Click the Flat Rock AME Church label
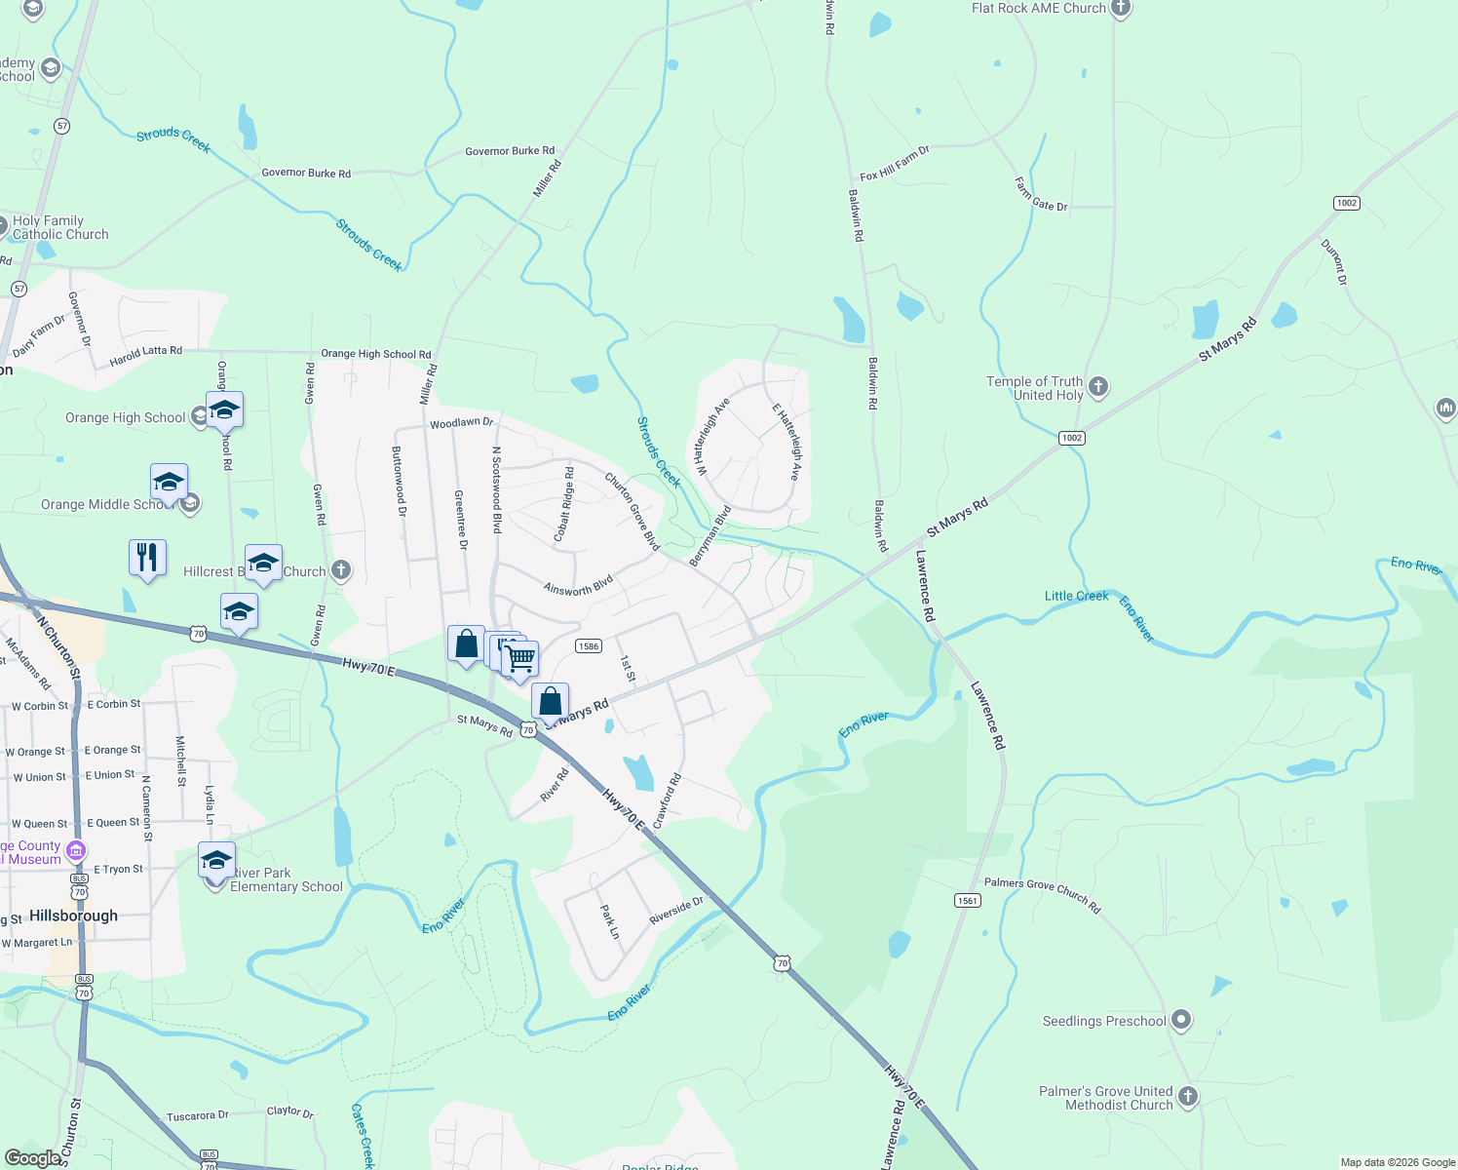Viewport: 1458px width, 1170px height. [1038, 8]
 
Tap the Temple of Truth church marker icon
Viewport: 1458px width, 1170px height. [1098, 387]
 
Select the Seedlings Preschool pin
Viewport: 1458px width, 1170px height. [1181, 1020]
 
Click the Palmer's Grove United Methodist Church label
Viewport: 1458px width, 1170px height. [1119, 1098]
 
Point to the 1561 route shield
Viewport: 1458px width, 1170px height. [967, 900]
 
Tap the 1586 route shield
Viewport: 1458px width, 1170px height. [589, 646]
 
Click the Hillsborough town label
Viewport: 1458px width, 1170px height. [73, 916]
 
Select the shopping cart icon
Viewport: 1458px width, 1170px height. [520, 659]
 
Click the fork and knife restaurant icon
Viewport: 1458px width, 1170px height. [147, 558]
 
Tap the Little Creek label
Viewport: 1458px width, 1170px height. [1076, 596]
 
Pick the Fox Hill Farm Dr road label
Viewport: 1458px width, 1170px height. [895, 163]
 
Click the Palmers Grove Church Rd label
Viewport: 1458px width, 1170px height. [1042, 894]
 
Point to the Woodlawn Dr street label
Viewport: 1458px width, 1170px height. [462, 423]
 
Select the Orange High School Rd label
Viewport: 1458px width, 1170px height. [375, 354]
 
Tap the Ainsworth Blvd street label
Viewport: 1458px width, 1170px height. [578, 585]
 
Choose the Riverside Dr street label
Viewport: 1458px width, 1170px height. [675, 912]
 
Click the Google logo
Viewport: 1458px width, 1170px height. [33, 1158]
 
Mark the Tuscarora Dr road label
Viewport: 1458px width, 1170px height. [197, 1115]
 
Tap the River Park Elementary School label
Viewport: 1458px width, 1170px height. [287, 879]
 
